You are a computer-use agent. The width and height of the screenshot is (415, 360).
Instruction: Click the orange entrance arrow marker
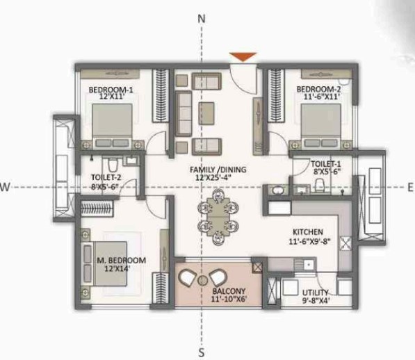pos(243,56)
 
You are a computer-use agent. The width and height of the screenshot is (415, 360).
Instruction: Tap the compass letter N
pos(202,19)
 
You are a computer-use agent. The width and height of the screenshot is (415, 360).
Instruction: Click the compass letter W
pos(5,186)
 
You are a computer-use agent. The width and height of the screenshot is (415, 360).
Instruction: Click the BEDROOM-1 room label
pos(111,90)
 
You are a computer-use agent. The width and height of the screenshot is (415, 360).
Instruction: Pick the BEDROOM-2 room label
pos(318,90)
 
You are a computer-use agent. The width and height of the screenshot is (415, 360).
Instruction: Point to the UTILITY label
pos(316,293)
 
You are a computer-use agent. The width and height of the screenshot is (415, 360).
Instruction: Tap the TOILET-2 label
pos(106,178)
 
